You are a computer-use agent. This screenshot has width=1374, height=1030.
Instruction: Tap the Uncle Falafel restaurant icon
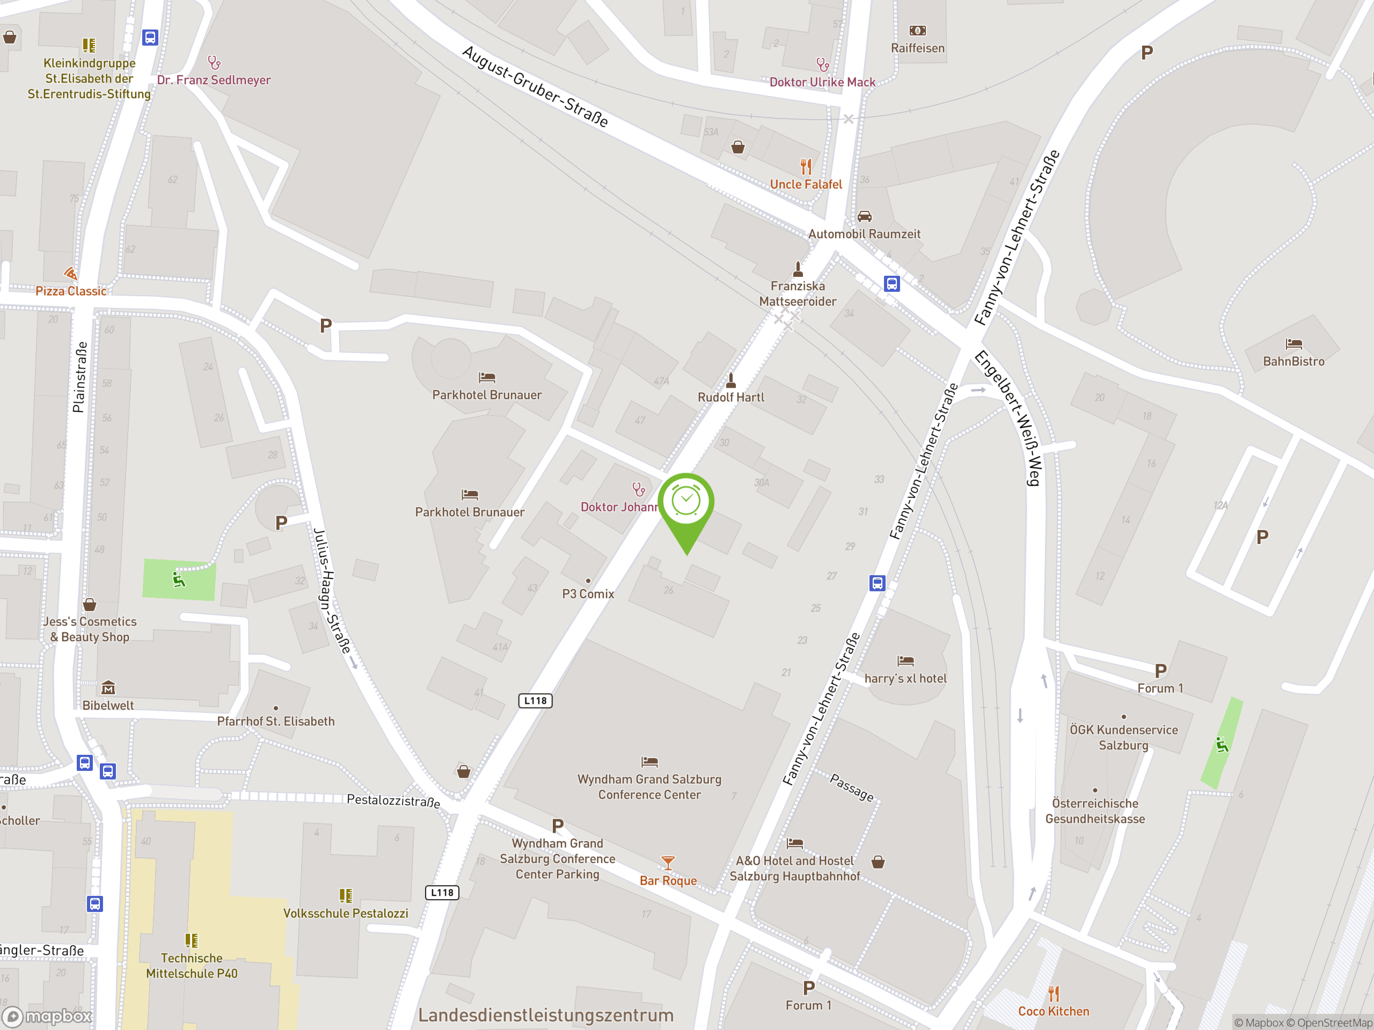pyautogui.click(x=806, y=166)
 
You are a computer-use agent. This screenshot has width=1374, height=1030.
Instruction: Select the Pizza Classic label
pyautogui.click(x=71, y=291)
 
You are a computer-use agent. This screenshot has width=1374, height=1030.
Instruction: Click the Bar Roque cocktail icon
pyautogui.click(x=668, y=863)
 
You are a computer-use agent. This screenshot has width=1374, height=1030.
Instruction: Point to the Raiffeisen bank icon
pyautogui.click(x=917, y=31)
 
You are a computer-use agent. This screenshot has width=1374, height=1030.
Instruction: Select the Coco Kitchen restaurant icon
pyautogui.click(x=1054, y=994)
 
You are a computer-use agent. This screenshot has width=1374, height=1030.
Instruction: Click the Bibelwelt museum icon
pyautogui.click(x=108, y=687)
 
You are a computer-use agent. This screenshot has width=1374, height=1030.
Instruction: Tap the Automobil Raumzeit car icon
pyautogui.click(x=864, y=216)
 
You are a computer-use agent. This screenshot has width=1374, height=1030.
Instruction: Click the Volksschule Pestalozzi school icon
pyautogui.click(x=345, y=895)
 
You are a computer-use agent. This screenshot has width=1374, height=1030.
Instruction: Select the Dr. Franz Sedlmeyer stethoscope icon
pyautogui.click(x=214, y=63)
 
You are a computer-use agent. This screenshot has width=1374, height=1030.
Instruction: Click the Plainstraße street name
pyautogui.click(x=79, y=377)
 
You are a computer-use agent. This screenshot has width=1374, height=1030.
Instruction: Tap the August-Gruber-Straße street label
pyautogui.click(x=535, y=86)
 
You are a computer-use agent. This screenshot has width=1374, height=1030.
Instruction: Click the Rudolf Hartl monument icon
pyautogui.click(x=731, y=379)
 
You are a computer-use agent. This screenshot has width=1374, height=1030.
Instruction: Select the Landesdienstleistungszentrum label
pyautogui.click(x=545, y=1015)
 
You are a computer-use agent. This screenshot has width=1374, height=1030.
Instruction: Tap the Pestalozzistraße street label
pyautogui.click(x=393, y=800)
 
